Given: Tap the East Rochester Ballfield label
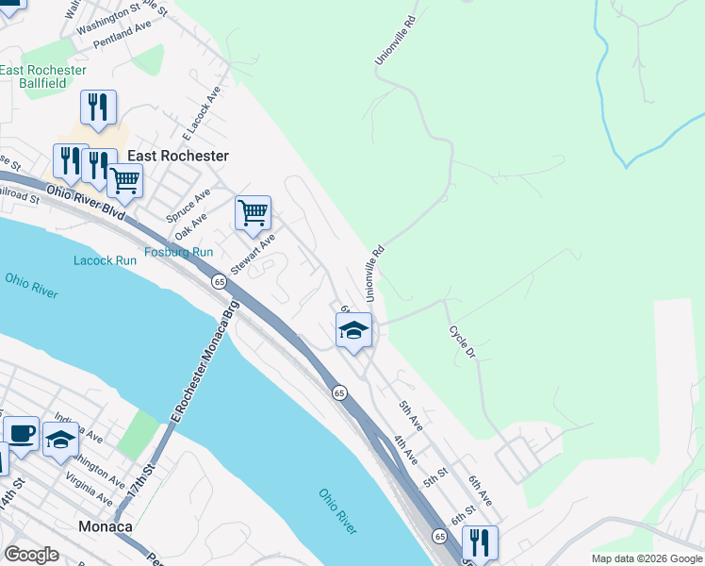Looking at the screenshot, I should tap(43, 76).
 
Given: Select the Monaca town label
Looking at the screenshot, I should tap(106, 526).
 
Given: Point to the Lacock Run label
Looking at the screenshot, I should tap(106, 260).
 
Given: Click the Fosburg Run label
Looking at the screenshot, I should tap(179, 252).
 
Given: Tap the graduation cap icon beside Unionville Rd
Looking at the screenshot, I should tap(354, 331).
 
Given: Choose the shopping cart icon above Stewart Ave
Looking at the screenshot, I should tap(253, 214).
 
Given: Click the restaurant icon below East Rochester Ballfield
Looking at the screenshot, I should tap(98, 108).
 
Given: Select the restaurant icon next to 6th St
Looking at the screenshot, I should tap(481, 544).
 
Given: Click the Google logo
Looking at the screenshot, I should tap(32, 555).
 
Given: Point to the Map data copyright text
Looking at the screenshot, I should tap(647, 558).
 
